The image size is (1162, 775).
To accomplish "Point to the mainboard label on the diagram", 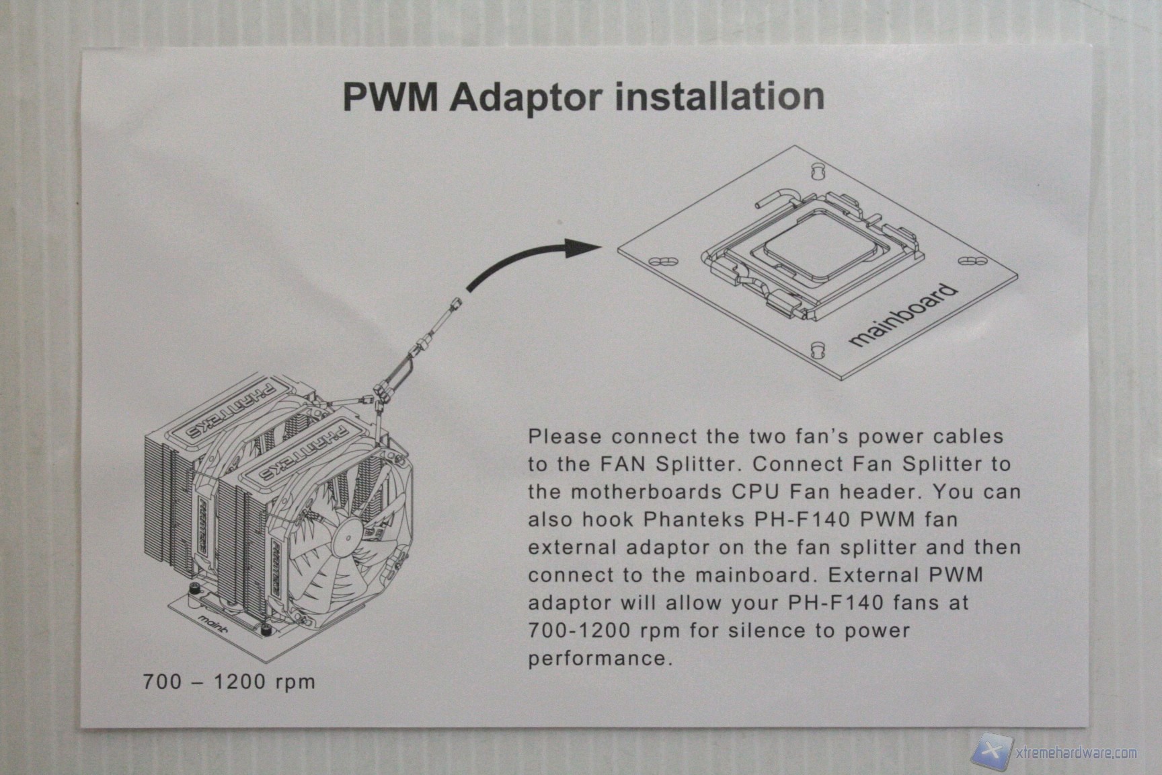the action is pos(902,316).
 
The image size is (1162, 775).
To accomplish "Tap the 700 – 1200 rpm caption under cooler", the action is pos(229,681).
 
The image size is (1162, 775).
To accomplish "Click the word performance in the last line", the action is pos(600,658).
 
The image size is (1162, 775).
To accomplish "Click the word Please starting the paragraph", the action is pos(564,437).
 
